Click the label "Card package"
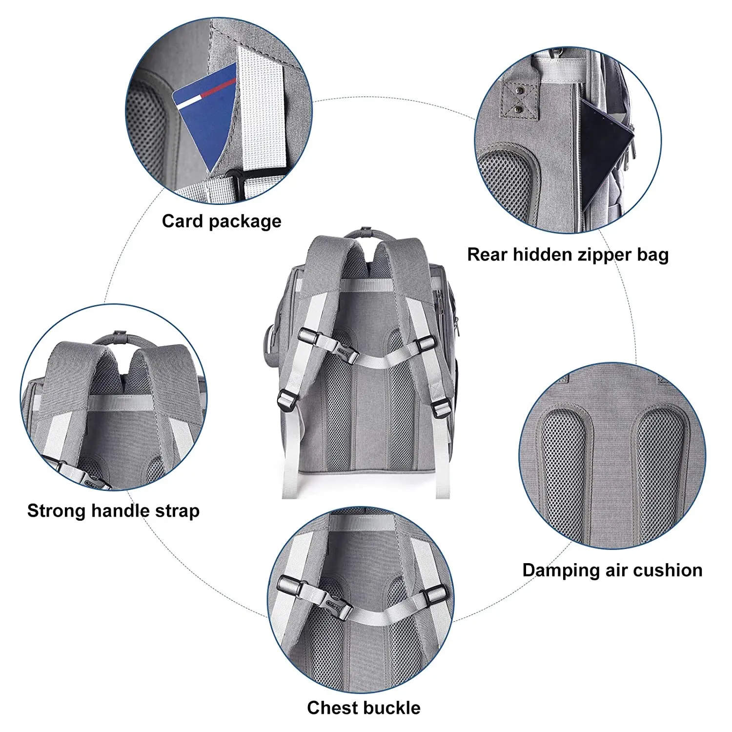(222, 222)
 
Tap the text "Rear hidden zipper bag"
(568, 255)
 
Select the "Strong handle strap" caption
(113, 511)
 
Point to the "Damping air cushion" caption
(612, 570)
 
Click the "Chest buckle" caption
(364, 708)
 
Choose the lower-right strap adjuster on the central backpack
(440, 406)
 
